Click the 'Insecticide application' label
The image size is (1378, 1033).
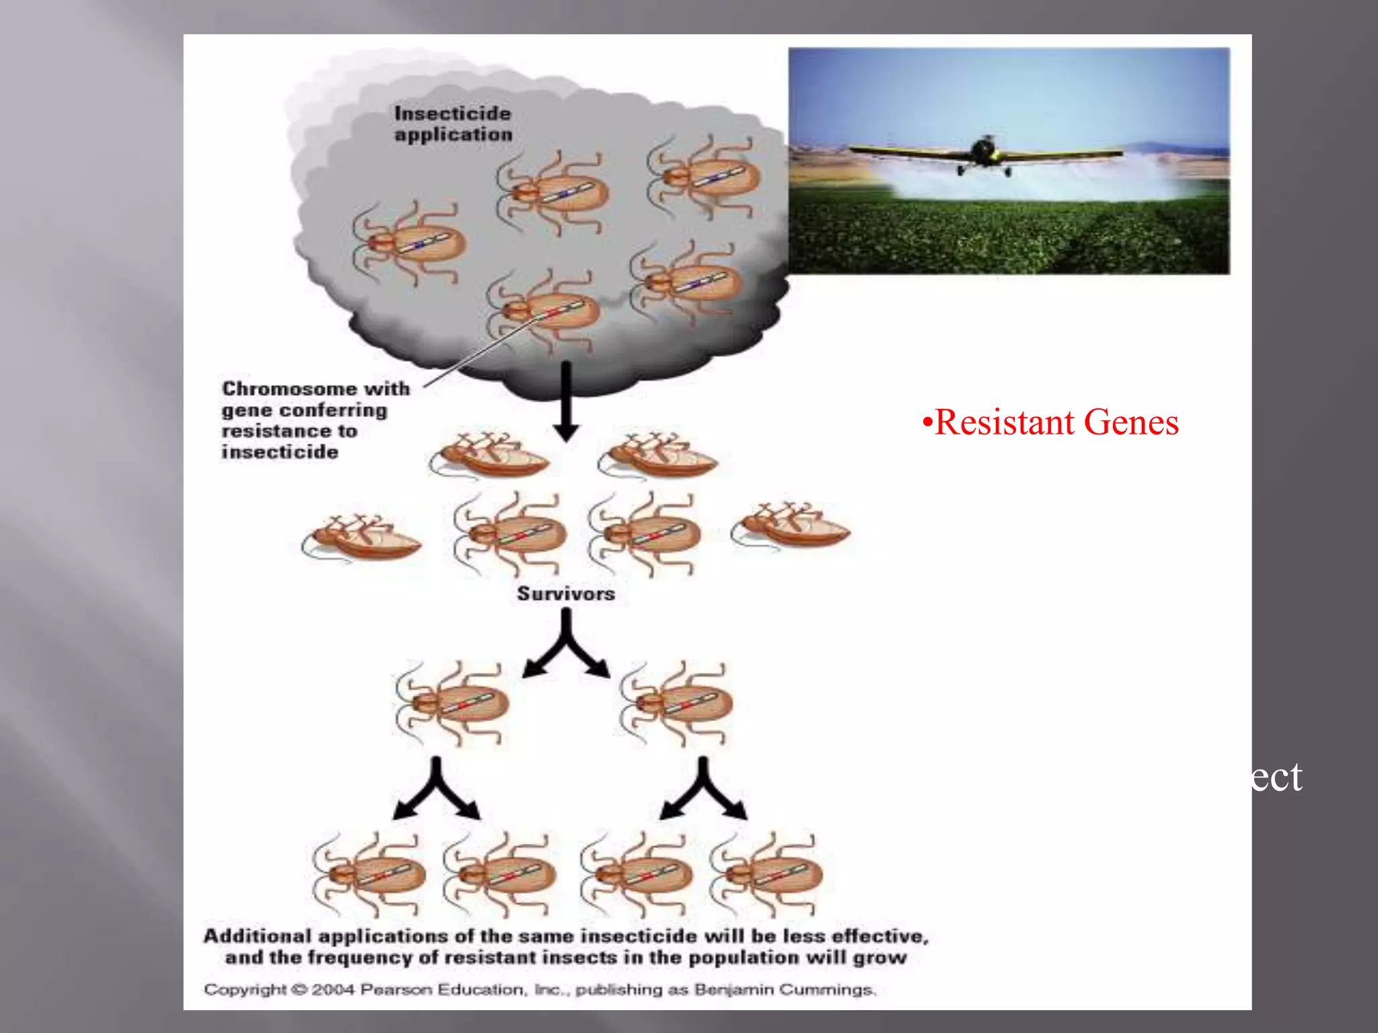point(453,124)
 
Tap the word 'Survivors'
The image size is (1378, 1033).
point(566,593)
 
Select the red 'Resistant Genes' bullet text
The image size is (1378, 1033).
point(1051,422)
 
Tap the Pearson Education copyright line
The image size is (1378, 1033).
point(540,989)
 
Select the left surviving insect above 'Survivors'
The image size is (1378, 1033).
point(511,534)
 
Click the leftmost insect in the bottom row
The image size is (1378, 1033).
point(369,875)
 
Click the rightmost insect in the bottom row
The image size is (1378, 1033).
point(767,874)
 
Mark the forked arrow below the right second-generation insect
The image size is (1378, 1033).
point(703,790)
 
